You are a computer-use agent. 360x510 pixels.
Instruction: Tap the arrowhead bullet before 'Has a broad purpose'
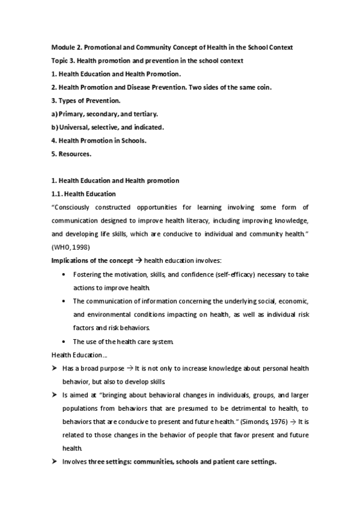tap(55, 366)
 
